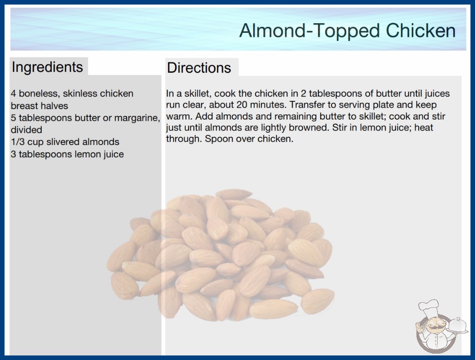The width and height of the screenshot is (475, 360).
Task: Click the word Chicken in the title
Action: tap(421, 30)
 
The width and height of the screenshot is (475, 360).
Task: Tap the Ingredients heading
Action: tap(47, 67)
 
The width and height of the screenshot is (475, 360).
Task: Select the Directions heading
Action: tap(199, 68)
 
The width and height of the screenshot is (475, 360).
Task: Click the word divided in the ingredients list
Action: tap(26, 130)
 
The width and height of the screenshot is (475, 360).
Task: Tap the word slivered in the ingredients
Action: tap(63, 142)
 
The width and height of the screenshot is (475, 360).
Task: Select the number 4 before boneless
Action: tap(14, 94)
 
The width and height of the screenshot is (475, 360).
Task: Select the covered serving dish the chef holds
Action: tap(457, 326)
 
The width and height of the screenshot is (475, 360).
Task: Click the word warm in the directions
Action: tap(178, 116)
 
